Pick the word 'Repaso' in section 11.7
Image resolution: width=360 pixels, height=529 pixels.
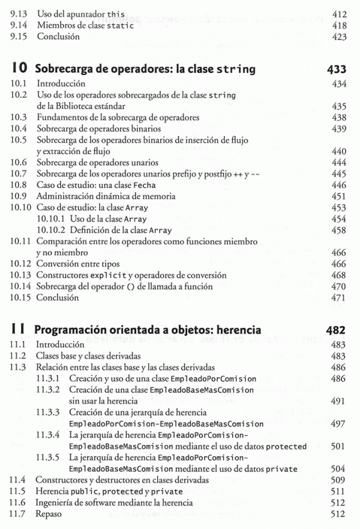(49, 514)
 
